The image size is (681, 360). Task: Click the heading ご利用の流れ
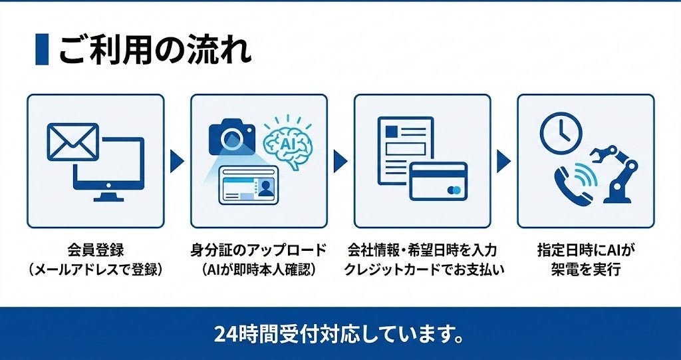pos(155,50)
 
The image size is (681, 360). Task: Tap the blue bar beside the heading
pos(42,50)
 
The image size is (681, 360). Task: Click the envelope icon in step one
pos(72,142)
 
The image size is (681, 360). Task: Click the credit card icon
pos(438,181)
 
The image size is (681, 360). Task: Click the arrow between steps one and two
pos(176,160)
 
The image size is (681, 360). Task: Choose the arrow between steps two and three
pos(340,160)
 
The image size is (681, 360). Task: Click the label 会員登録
pos(96,251)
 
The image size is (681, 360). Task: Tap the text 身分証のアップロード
pos(259,251)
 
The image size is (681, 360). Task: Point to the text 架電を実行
pos(586,270)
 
